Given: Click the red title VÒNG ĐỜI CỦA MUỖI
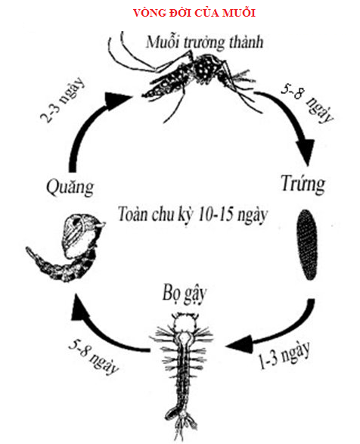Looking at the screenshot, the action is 194,13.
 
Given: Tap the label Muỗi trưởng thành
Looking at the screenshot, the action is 204,42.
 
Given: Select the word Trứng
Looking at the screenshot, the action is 303,185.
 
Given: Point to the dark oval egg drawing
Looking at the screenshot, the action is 307,244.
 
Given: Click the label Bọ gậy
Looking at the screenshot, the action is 185,295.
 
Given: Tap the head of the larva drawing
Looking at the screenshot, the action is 185,321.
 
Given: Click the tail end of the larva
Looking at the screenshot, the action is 185,425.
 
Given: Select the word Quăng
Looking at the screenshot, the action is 70,188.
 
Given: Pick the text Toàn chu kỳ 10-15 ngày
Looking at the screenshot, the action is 192,215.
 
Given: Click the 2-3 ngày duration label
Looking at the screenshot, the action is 62,100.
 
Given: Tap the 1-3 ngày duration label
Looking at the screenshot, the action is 284,356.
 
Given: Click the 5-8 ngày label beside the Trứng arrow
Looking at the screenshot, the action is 308,103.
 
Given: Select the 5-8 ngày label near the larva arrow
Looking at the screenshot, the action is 94,359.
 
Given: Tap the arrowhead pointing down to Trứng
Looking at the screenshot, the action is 306,152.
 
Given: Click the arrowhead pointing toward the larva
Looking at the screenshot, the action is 241,344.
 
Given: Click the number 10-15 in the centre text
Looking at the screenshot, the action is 216,214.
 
